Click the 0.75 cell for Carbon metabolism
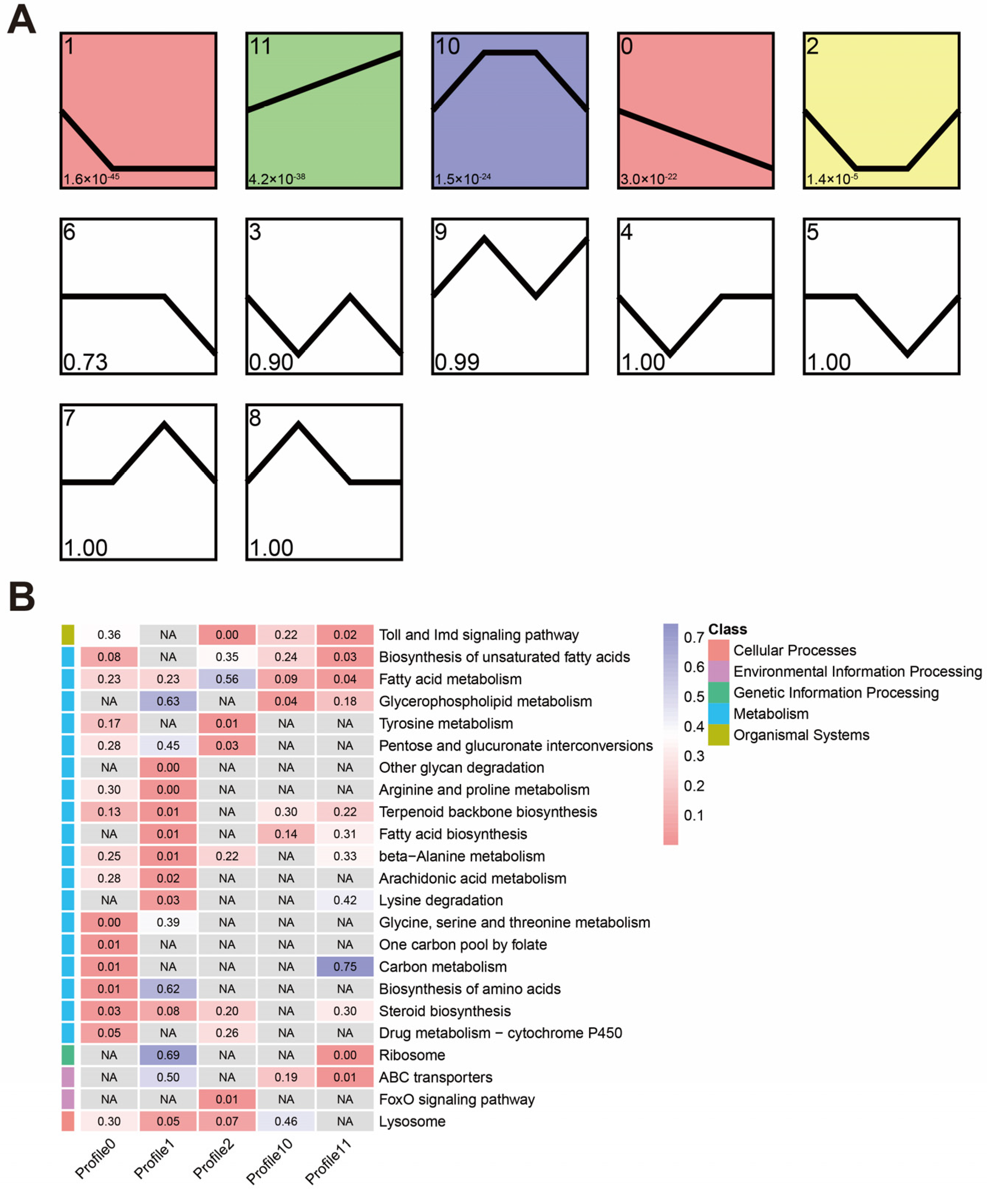[344, 967]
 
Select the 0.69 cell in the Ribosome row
[168, 1055]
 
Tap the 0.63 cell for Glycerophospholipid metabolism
[168, 701]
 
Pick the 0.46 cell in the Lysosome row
[286, 1122]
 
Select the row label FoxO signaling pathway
[456, 1100]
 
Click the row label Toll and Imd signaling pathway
[479, 635]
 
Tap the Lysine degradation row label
[440, 900]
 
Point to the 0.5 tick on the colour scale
[694, 696]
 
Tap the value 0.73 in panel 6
[85, 361]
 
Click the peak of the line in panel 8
[299, 424]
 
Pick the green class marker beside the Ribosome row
[68, 1055]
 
